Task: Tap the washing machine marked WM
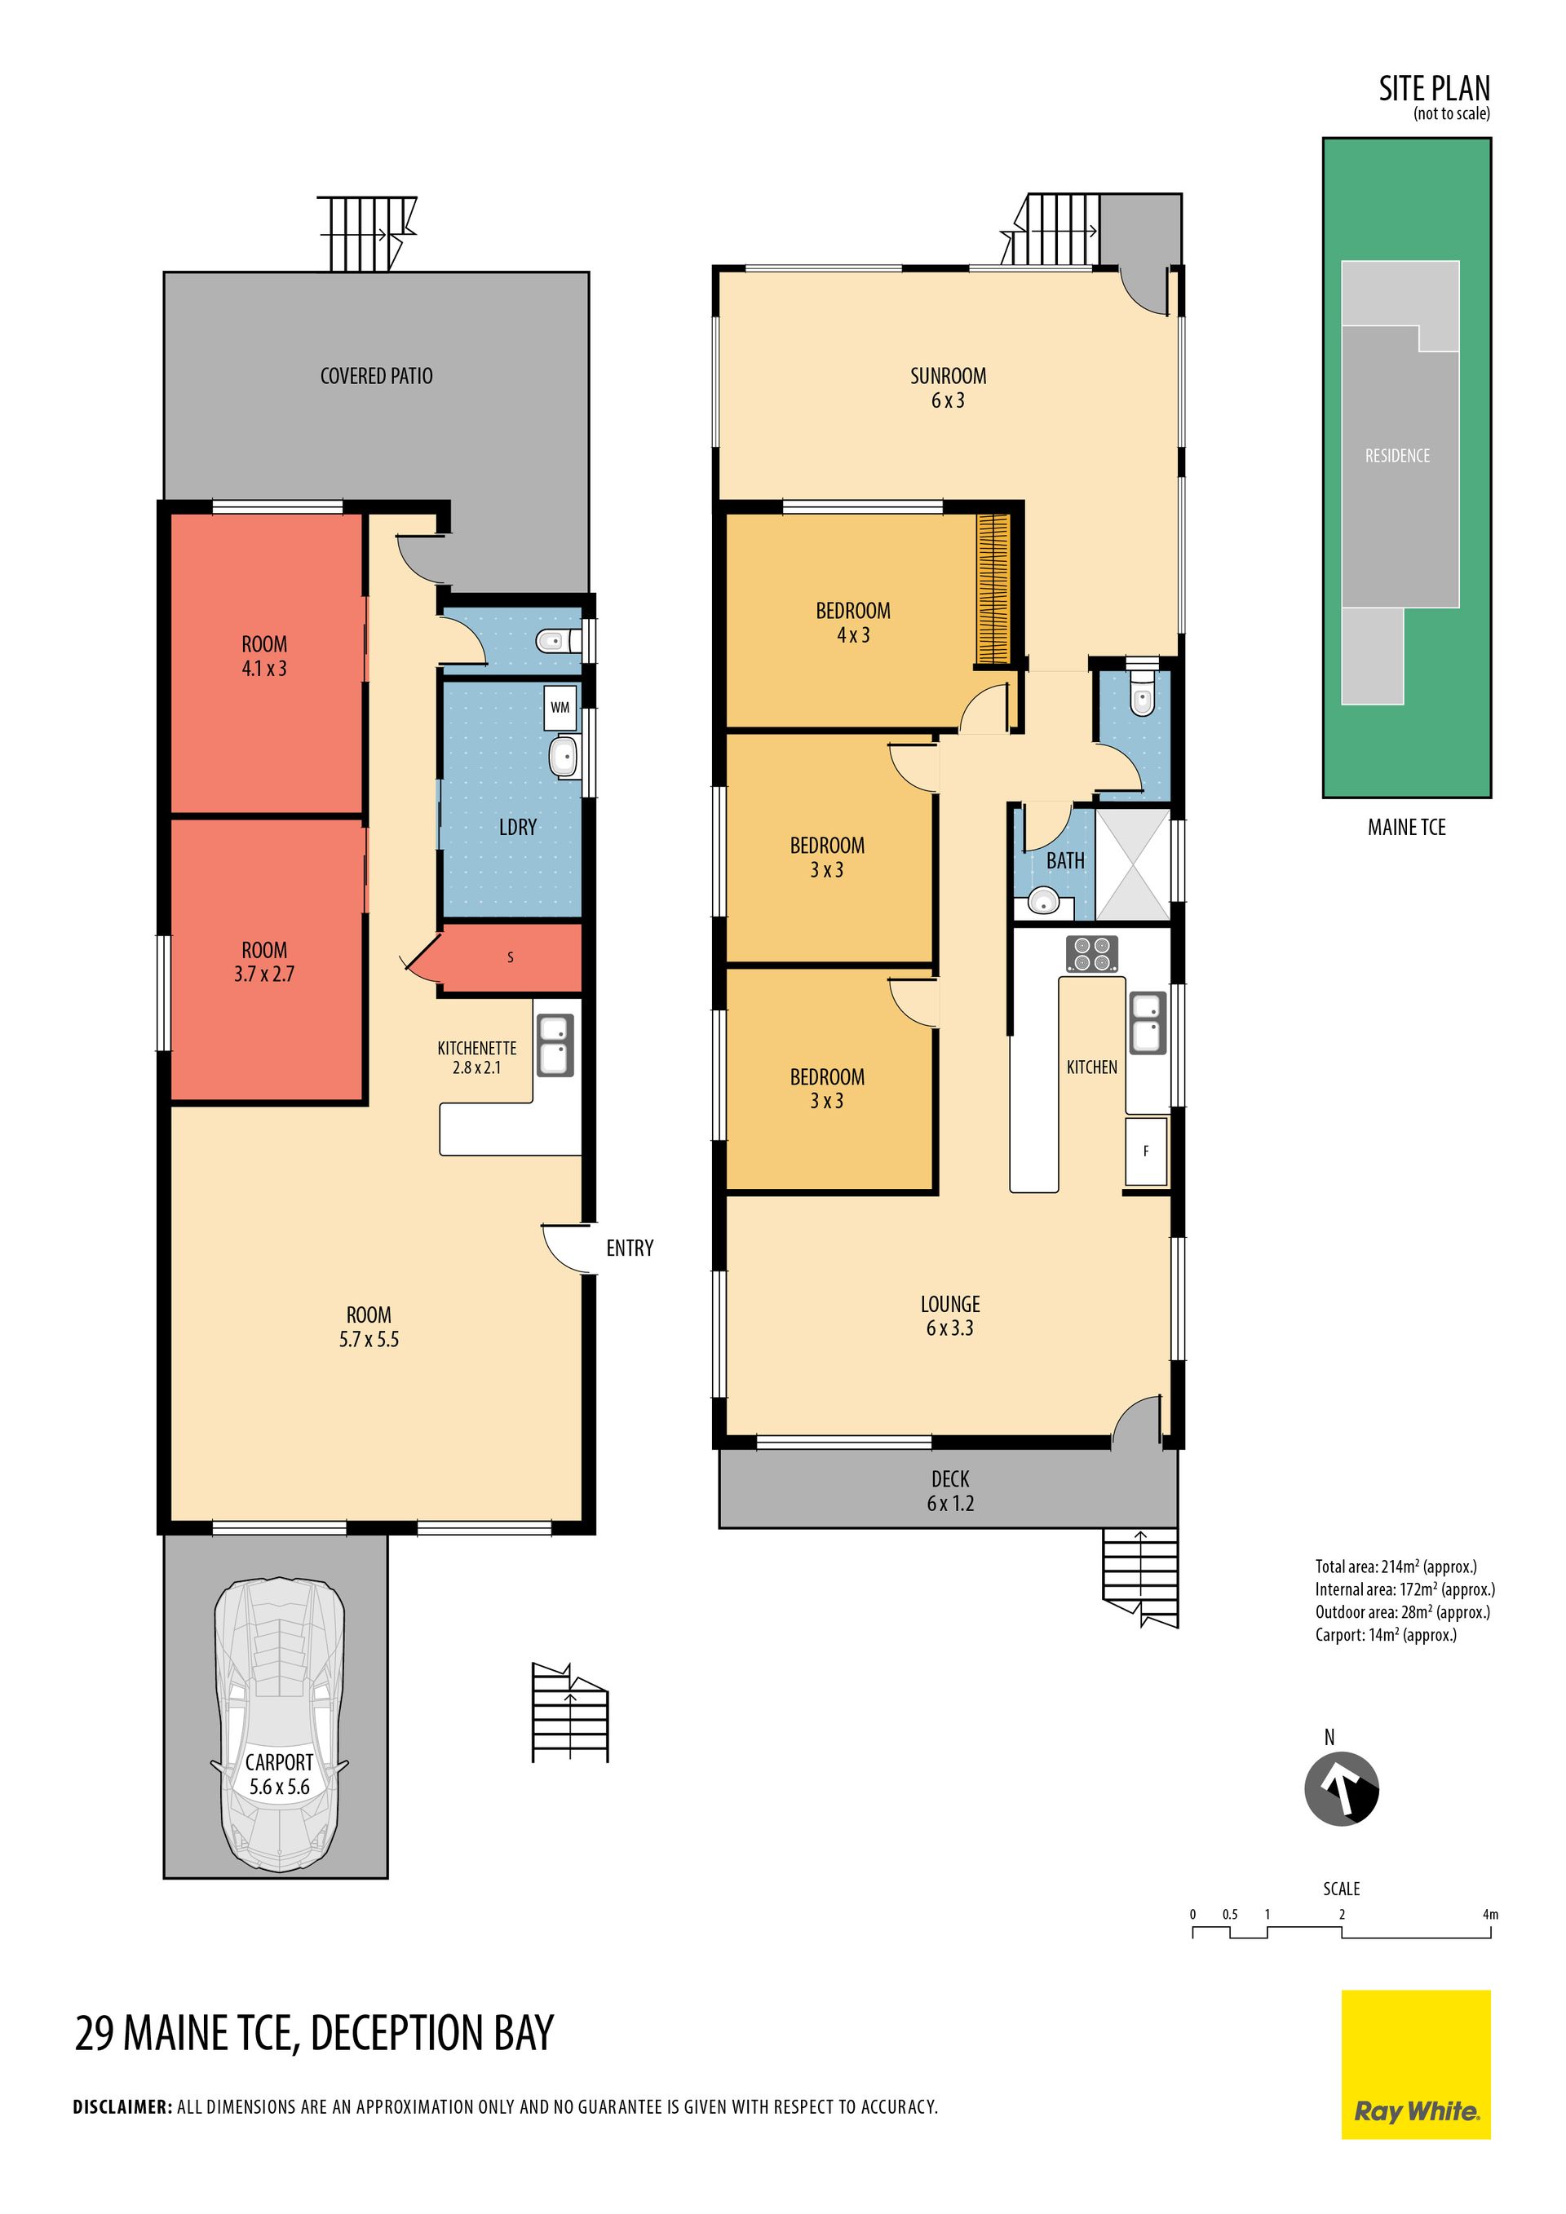point(560,707)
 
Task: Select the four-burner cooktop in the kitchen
point(1091,953)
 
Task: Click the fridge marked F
point(1146,1151)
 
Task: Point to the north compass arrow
point(1342,1788)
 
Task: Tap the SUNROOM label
point(948,376)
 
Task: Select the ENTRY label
point(630,1248)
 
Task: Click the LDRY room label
point(518,828)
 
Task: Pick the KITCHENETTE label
point(477,1048)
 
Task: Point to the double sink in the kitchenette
point(555,1045)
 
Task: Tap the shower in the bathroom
point(1133,864)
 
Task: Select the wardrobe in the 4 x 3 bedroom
point(993,588)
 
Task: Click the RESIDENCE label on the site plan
point(1397,455)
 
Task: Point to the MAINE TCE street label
point(1407,828)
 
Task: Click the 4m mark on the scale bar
point(1490,1914)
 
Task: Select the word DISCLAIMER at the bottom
point(122,2107)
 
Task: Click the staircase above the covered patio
point(367,234)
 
